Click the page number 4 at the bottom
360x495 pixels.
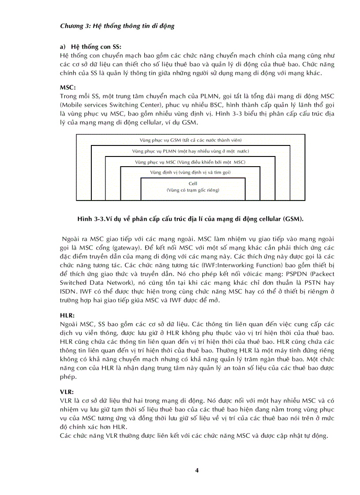197,470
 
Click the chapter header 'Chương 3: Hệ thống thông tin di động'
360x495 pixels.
117,26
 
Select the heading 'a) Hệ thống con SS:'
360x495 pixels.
90,47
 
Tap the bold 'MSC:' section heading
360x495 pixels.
67,87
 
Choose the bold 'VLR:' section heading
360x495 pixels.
67,391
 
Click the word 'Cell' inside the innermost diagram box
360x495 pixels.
193,183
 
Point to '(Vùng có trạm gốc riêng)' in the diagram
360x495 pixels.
193,190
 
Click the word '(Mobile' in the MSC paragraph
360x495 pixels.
72,105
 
